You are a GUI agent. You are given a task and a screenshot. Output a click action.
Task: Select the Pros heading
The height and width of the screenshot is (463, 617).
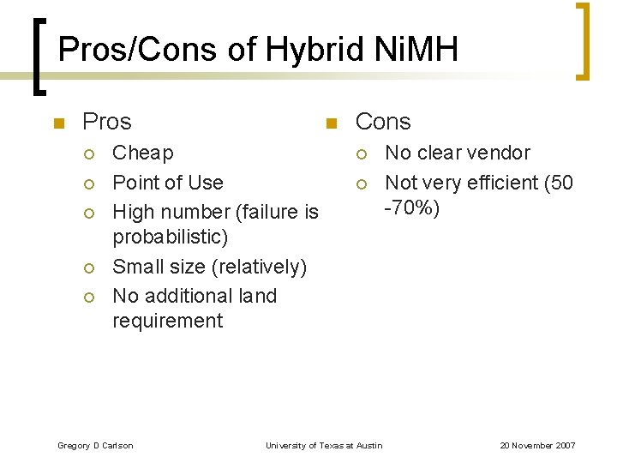coord(106,122)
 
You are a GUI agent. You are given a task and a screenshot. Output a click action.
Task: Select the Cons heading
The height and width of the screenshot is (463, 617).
coord(383,122)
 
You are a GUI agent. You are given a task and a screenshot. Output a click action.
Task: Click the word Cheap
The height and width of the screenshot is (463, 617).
coord(143,153)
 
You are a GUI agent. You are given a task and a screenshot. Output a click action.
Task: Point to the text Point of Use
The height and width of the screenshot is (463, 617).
coord(168,183)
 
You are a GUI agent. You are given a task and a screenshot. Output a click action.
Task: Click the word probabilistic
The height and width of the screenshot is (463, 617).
coord(171,237)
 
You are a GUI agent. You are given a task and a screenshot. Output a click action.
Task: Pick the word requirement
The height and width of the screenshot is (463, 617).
coord(168,321)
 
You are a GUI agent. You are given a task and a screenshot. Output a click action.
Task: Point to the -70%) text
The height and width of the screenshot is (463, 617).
coord(411,207)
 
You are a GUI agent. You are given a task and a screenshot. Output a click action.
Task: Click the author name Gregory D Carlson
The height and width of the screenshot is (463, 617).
coord(95,446)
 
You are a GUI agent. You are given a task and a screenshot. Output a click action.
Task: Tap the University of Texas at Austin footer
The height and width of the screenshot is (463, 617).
coord(324,446)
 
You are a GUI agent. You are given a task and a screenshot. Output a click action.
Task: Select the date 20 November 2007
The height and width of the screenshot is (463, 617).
coord(537,446)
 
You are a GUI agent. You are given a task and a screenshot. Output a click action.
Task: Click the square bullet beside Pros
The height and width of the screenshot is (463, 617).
coord(58,123)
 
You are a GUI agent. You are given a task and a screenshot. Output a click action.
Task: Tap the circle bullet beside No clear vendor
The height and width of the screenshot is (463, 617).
coord(362,154)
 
